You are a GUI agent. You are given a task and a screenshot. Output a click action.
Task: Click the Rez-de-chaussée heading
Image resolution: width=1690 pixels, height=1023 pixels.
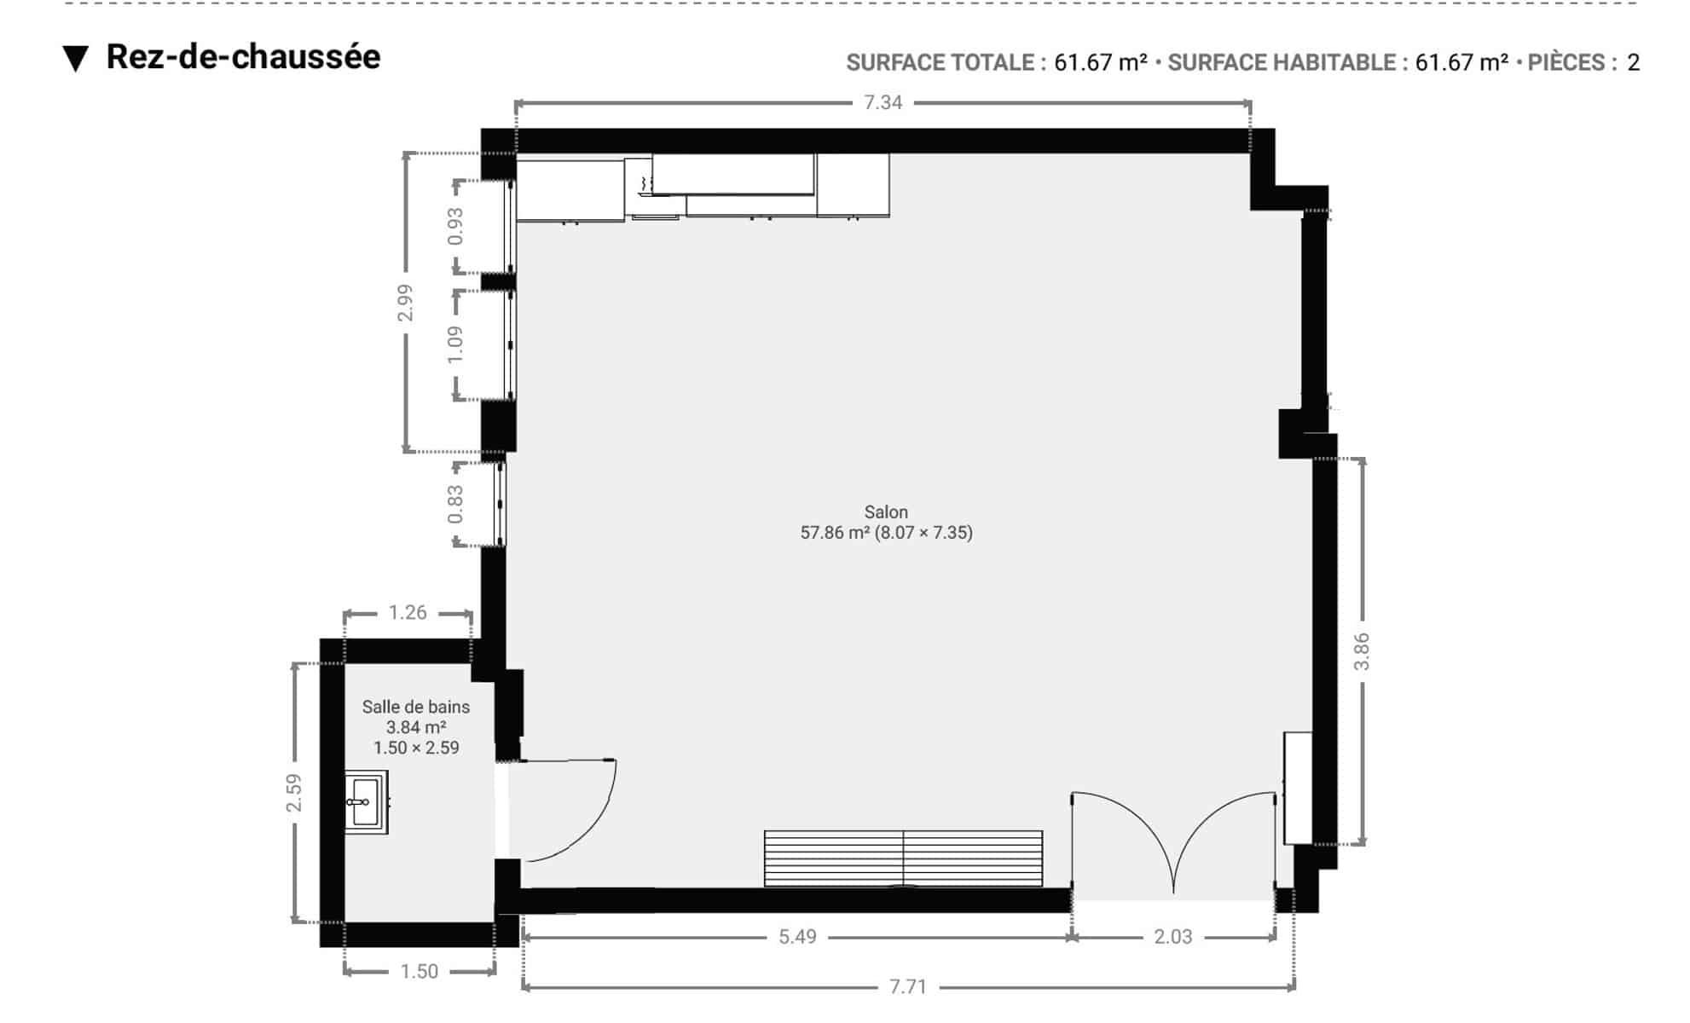[x=243, y=57]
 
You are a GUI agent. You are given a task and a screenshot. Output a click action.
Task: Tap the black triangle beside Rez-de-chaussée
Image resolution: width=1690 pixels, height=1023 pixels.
[x=76, y=59]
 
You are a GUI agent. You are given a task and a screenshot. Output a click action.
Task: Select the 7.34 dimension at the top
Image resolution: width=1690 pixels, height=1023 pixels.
[x=883, y=102]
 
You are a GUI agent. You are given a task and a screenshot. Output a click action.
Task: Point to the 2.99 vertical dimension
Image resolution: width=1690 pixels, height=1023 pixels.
[x=405, y=303]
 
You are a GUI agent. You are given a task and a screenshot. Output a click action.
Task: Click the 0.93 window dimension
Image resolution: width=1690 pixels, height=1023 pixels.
[x=455, y=226]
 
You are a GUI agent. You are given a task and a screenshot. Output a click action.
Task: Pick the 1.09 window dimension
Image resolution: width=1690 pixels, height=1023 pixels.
[x=455, y=344]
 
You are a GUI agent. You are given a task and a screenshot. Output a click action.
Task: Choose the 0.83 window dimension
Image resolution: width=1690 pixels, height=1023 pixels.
[x=455, y=504]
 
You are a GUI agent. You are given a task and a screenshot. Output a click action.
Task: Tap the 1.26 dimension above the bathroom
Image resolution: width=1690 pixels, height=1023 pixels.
[x=408, y=612]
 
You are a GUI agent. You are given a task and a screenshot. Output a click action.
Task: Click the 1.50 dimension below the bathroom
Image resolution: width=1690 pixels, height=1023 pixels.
[x=420, y=971]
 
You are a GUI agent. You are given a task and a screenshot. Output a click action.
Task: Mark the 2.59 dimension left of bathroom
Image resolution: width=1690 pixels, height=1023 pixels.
[x=294, y=792]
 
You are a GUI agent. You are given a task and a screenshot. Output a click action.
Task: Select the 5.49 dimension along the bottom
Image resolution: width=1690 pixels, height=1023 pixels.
[x=797, y=936]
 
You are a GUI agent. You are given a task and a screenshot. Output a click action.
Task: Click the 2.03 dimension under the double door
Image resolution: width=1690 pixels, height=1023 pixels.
[x=1173, y=936]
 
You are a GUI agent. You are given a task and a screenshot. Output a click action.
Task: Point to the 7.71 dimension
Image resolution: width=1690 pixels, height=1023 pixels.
[x=908, y=986]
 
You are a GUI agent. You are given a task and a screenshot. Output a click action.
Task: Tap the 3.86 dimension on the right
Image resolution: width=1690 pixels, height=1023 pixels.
[x=1362, y=651]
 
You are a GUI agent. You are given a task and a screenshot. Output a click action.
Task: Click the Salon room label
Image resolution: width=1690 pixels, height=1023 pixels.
[x=886, y=512]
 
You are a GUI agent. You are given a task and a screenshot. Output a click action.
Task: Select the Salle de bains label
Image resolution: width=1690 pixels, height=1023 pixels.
[x=416, y=707]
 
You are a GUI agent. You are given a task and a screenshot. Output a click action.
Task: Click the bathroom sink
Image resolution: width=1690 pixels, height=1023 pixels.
[x=367, y=801]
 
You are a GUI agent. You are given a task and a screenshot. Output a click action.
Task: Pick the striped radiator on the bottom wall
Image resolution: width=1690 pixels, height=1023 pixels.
[x=903, y=858]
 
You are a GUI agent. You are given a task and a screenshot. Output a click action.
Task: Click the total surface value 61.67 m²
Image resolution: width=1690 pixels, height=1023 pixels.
[x=1101, y=62]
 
